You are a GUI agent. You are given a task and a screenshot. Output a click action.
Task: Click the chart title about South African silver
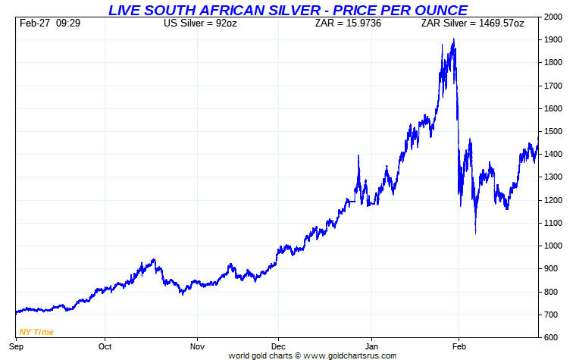coord(287,10)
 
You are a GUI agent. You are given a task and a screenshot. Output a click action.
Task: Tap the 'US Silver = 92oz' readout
coord(201,23)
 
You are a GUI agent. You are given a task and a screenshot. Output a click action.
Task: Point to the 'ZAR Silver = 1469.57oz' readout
coord(472,23)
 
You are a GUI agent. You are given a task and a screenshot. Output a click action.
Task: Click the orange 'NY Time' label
coord(37,331)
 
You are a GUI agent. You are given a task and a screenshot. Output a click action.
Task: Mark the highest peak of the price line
coord(453,39)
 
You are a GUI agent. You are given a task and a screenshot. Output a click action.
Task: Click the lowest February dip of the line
coord(475,233)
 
